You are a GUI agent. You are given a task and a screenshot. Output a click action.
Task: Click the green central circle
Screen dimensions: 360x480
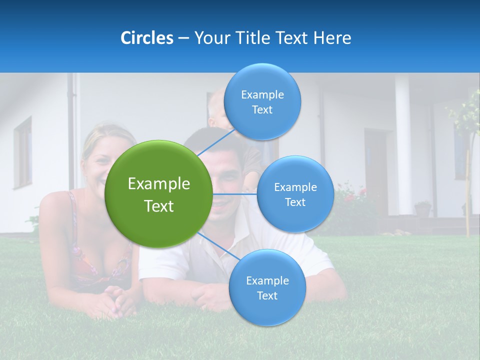[x=159, y=194]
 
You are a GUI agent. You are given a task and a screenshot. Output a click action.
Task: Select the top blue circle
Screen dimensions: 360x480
[x=262, y=101]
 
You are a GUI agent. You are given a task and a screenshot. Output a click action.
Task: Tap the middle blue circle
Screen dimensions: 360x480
[x=295, y=194]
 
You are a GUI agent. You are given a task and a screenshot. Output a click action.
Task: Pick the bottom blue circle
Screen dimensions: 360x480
[x=267, y=287]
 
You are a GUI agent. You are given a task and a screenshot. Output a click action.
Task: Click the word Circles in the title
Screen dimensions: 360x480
[x=147, y=38]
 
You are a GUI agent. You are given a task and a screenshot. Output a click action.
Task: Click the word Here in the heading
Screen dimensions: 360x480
[x=332, y=38]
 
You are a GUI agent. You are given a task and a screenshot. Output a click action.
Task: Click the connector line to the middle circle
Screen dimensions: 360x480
[x=234, y=193]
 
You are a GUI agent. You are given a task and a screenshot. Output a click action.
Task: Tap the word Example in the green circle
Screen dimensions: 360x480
[x=159, y=184]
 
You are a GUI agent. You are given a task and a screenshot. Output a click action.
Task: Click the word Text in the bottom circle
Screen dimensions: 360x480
[x=267, y=295]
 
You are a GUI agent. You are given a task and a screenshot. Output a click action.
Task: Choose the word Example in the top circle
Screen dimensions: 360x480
[x=262, y=94]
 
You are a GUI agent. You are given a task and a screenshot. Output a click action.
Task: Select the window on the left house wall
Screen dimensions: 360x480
[x=23, y=152]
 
